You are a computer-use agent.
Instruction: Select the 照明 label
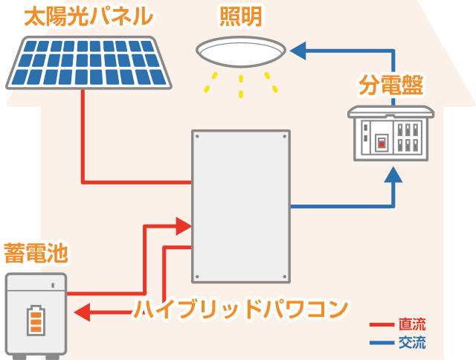click(240, 16)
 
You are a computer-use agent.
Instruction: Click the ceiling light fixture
click(240, 53)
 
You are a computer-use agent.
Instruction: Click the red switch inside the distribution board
click(381, 141)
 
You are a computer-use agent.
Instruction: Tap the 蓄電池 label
click(35, 253)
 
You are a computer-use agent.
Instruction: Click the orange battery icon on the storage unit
click(36, 320)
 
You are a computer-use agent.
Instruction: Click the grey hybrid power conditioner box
click(240, 206)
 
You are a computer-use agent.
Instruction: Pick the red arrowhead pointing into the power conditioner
click(183, 225)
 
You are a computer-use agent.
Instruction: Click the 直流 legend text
click(412, 325)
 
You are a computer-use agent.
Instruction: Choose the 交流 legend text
click(412, 343)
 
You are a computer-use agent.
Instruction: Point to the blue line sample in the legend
click(382, 344)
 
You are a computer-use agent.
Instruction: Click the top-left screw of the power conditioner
click(199, 137)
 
